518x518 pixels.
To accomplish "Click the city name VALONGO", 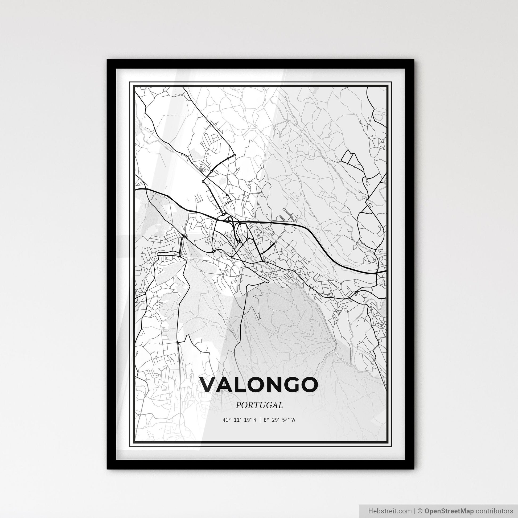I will pos(259,385).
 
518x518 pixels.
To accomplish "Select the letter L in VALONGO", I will pos(244,385).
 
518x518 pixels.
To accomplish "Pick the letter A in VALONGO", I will pos(228,385).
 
